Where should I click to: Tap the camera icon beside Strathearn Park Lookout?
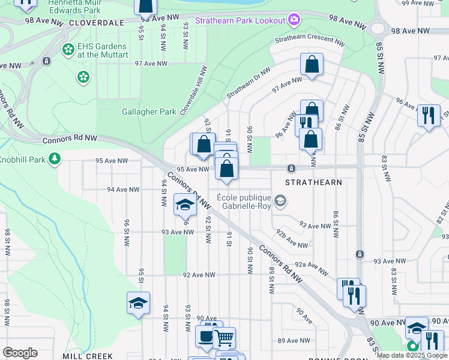click(294, 20)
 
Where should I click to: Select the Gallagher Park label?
click(149, 112)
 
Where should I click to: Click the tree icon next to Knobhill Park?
click(55, 158)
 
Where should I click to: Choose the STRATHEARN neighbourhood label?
click(313, 182)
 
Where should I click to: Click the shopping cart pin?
click(224, 338)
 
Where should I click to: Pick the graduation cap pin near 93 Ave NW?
click(185, 205)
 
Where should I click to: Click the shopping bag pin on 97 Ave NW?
click(312, 65)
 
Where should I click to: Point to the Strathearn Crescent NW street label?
click(310, 43)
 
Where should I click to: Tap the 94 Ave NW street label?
click(119, 190)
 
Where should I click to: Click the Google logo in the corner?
click(20, 353)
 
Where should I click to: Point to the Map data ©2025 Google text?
click(412, 355)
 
